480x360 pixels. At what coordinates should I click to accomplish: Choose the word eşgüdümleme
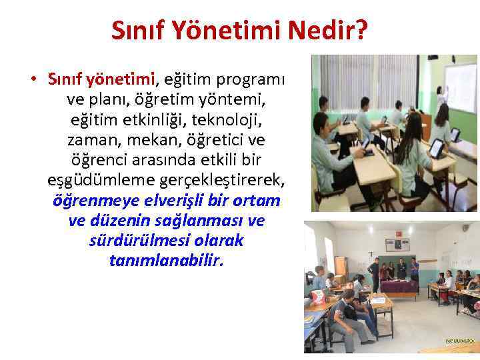(91, 181)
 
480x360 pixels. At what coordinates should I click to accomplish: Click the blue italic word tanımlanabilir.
(166, 260)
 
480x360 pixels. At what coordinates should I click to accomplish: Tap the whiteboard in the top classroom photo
(460, 87)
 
